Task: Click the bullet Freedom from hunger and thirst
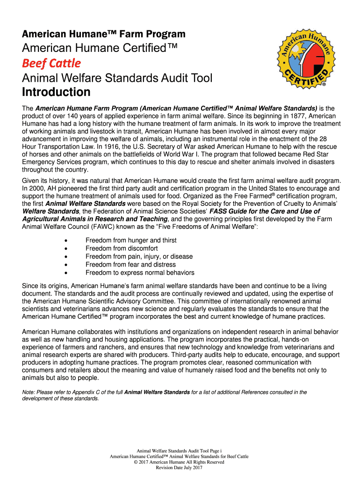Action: [131, 240]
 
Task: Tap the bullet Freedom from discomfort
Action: [122, 248]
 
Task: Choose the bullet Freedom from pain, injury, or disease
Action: [139, 257]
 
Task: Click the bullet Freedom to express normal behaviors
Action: [140, 273]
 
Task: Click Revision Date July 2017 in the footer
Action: [179, 467]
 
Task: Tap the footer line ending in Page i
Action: [179, 450]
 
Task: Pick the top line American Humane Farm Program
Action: [104, 34]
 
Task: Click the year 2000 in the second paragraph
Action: [37, 188]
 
